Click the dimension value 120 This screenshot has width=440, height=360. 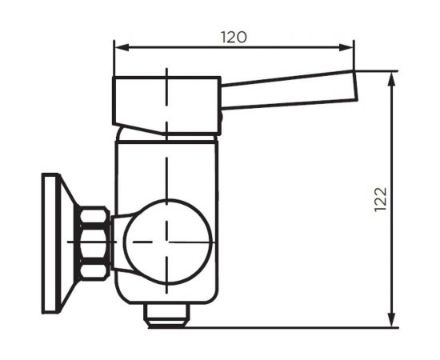(234, 36)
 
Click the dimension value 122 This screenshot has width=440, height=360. (380, 199)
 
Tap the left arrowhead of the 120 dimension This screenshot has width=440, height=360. (118, 47)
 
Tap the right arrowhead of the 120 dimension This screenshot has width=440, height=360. (349, 47)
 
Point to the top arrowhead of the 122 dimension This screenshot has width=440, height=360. (393, 77)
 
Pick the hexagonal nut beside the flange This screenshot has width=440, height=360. (94, 242)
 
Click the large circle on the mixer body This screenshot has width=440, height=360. (169, 239)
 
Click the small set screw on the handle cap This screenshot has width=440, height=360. (220, 120)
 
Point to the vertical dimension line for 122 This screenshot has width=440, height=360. (393, 160)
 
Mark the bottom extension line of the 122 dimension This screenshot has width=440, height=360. (304, 326)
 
